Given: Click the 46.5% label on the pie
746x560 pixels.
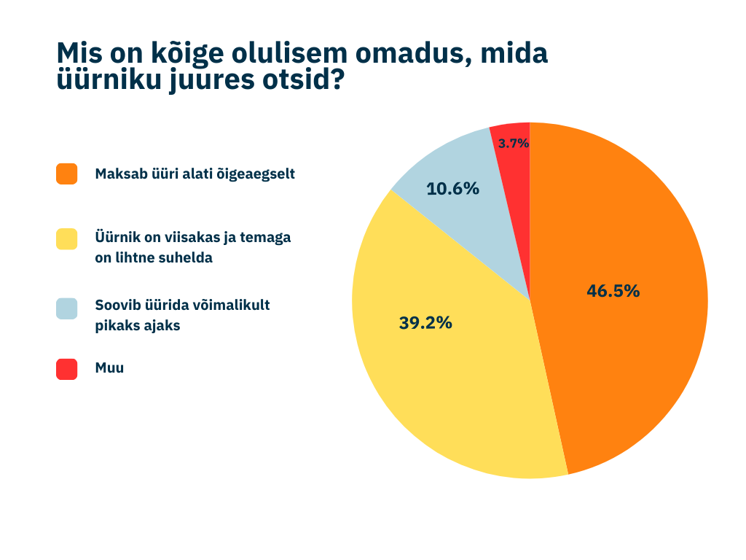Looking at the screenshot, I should tap(613, 291).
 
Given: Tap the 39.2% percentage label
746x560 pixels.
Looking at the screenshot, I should tap(425, 322).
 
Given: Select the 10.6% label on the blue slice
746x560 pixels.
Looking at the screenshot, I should tap(452, 188).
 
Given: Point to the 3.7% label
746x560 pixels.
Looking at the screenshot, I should tap(513, 144).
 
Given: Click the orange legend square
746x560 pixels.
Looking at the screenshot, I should tap(66, 174).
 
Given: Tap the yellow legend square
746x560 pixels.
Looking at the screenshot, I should tap(66, 238).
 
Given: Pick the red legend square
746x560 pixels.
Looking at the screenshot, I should tap(66, 369).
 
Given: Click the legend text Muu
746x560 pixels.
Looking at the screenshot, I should tap(109, 367).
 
